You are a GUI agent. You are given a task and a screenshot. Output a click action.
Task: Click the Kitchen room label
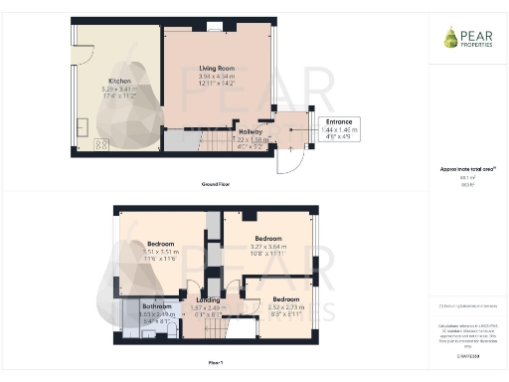coord(120,81)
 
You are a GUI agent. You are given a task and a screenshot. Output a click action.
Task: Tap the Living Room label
coord(216,68)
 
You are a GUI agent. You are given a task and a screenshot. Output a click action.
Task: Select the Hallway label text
coord(251,131)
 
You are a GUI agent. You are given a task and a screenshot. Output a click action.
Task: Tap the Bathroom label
coord(154,306)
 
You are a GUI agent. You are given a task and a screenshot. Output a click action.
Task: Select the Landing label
coord(208,300)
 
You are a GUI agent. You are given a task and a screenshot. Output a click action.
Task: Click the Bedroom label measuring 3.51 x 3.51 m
coord(162,244)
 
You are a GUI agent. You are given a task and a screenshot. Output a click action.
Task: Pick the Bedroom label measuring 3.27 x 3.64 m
coord(269,239)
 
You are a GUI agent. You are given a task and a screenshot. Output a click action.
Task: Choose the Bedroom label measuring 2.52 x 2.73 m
coord(287,298)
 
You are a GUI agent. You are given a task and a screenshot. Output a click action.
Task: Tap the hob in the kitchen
coord(100,146)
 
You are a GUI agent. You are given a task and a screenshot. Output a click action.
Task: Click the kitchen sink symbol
coord(84,126)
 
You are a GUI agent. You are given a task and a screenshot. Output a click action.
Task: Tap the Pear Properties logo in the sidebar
coord(466,38)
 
